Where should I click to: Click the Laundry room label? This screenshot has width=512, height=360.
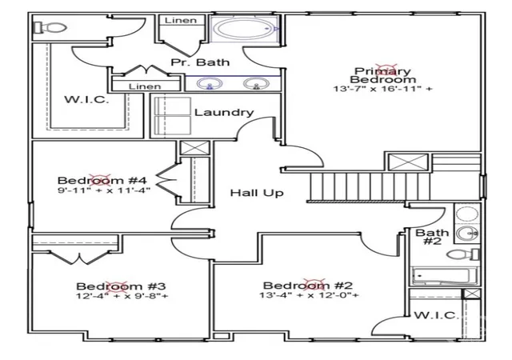tap(224, 112)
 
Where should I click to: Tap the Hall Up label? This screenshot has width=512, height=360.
tap(257, 193)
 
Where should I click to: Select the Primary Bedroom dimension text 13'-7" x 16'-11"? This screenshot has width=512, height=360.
tap(382, 89)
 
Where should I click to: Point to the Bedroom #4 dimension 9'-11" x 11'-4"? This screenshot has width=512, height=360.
tap(104, 190)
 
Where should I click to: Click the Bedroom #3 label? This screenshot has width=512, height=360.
tap(121, 286)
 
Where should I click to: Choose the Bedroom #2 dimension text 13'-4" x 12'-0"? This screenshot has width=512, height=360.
tap(309, 295)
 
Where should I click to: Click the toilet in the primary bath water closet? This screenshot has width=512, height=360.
tap(50, 27)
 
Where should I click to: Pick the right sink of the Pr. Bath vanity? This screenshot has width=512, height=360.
tap(256, 84)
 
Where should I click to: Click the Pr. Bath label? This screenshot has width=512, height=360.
tap(200, 62)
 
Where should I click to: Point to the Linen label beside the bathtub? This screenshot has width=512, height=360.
tap(181, 20)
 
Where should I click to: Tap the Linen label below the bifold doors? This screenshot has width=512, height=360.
tap(145, 86)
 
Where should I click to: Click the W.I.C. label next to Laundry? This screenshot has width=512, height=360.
tap(87, 99)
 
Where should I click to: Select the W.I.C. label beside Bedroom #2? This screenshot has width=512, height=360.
tap(437, 315)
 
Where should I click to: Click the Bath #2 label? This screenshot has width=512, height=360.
tap(432, 237)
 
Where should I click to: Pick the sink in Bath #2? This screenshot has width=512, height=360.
tap(466, 234)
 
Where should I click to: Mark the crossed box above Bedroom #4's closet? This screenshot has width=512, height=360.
tap(194, 148)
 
